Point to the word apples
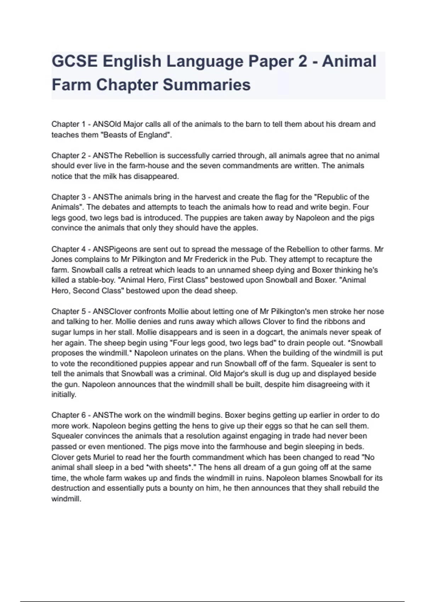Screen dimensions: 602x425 (246, 228)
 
